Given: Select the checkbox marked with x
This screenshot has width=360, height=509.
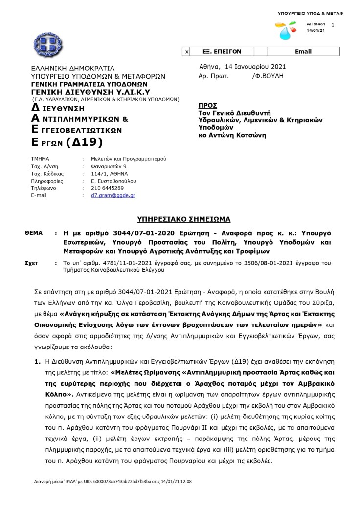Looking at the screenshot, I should (x=186, y=51).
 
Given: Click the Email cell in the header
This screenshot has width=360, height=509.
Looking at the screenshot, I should (x=303, y=51).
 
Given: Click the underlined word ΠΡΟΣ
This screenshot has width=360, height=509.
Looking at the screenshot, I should (x=208, y=105).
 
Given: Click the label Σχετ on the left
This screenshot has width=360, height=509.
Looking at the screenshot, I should (x=31, y=263).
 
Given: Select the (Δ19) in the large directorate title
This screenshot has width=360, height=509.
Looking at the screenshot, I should (x=84, y=142).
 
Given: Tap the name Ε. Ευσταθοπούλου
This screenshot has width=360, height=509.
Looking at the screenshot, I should (x=113, y=181).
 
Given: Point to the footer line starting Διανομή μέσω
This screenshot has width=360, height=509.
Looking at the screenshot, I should (x=113, y=481).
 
